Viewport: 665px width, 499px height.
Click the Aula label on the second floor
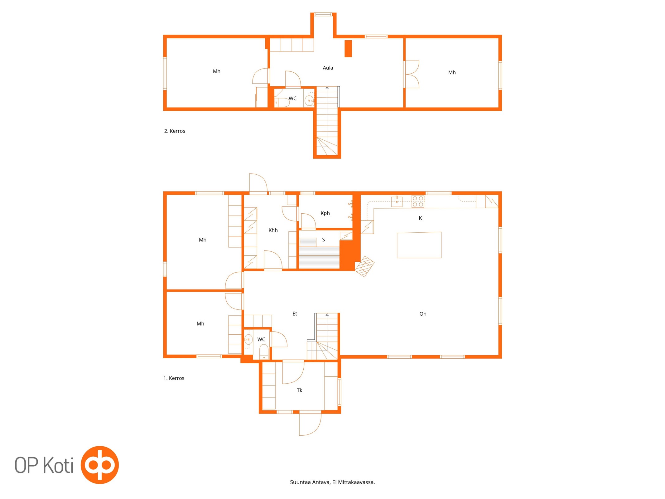(328, 68)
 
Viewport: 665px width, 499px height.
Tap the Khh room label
(273, 230)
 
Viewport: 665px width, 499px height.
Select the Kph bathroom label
(325, 213)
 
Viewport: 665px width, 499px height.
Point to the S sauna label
(323, 240)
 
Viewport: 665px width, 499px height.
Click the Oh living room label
(423, 314)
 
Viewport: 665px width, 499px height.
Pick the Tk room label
(299, 390)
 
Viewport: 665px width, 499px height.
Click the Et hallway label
(295, 314)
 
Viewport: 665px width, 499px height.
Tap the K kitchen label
(420, 218)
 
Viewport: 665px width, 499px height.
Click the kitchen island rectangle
(419, 245)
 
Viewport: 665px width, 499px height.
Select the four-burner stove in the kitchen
(418, 201)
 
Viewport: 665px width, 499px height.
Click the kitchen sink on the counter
(397, 201)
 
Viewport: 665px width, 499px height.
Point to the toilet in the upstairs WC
(282, 102)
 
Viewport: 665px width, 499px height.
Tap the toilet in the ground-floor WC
(264, 352)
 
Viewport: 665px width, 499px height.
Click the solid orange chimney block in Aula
(348, 48)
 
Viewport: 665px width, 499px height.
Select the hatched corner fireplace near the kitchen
(364, 266)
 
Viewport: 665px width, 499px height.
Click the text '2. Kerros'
(175, 131)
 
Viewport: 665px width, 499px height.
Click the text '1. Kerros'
(174, 378)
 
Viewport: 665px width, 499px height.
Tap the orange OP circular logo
(100, 465)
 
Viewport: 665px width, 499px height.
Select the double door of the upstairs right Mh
(412, 74)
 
